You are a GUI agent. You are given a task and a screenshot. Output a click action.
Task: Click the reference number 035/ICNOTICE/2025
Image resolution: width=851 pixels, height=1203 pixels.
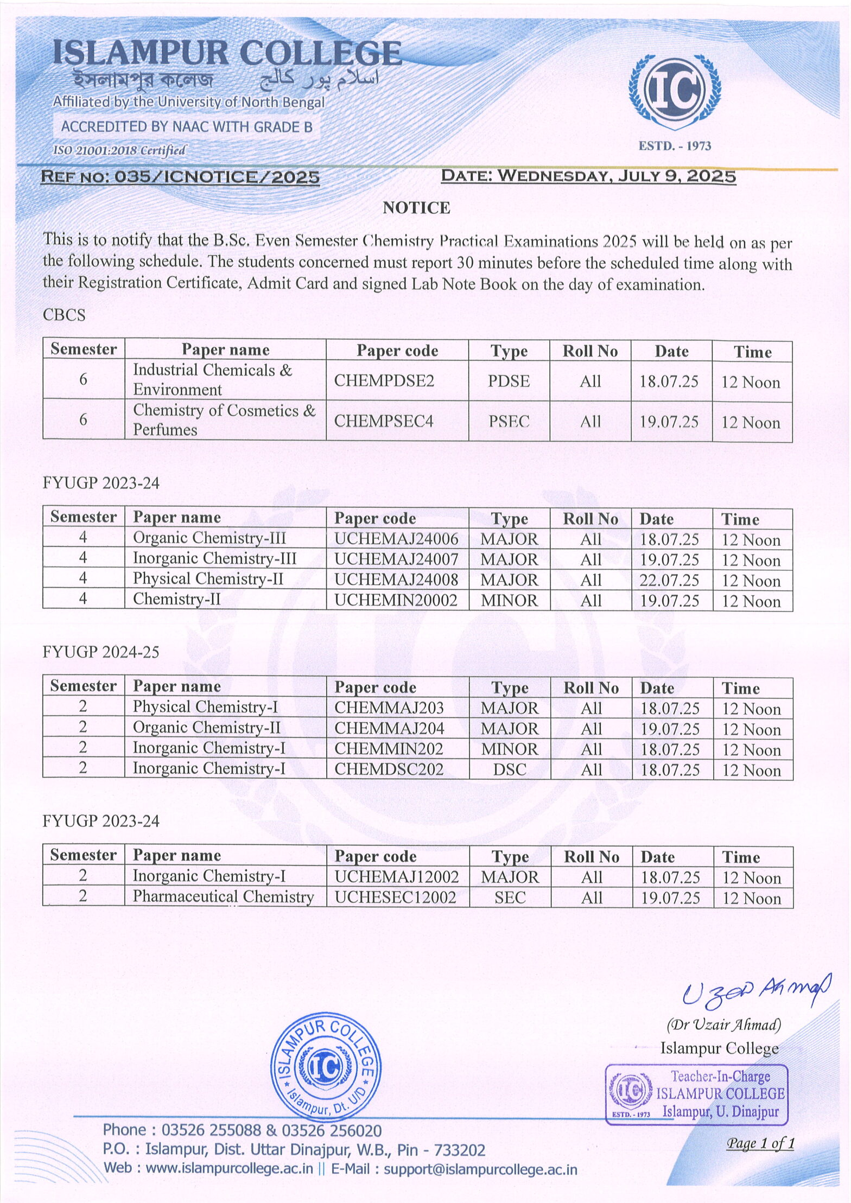[180, 177]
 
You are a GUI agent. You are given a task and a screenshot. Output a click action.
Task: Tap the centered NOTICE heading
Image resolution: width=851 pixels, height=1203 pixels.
[416, 208]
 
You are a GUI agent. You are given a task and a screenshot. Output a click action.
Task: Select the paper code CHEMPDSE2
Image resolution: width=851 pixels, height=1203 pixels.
[384, 381]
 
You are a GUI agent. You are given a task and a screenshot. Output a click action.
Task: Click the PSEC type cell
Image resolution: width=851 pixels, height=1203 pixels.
[509, 422]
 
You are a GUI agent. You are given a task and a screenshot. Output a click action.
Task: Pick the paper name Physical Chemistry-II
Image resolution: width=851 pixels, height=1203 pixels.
[208, 579]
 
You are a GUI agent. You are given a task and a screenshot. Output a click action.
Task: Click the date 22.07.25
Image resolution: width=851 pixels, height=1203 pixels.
[669, 581]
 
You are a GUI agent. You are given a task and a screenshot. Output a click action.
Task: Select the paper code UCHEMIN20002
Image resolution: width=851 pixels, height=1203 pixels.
[396, 600]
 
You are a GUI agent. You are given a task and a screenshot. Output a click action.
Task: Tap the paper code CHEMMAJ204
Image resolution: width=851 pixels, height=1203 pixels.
[389, 728]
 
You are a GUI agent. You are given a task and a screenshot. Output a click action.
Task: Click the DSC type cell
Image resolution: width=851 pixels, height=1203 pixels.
[510, 769]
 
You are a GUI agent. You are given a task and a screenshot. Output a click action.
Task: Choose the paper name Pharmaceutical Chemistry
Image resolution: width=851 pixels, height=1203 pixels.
[223, 897]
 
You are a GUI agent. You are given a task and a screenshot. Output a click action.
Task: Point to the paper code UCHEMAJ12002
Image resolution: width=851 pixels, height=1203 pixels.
[396, 877]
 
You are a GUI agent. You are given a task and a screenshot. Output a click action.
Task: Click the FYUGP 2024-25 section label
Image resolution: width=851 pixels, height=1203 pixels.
[101, 652]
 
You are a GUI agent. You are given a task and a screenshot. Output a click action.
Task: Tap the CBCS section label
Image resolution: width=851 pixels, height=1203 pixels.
[64, 315]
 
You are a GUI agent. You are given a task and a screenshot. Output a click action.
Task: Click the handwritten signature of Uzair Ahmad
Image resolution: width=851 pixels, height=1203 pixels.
[755, 991]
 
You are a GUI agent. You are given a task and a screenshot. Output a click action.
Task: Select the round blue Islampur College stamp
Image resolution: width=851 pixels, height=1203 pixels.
[325, 1067]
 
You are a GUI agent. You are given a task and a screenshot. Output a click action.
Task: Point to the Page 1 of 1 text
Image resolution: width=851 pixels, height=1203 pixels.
[760, 1143]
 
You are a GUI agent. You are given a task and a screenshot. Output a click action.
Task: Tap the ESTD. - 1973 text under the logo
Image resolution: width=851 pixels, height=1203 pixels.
[675, 146]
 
